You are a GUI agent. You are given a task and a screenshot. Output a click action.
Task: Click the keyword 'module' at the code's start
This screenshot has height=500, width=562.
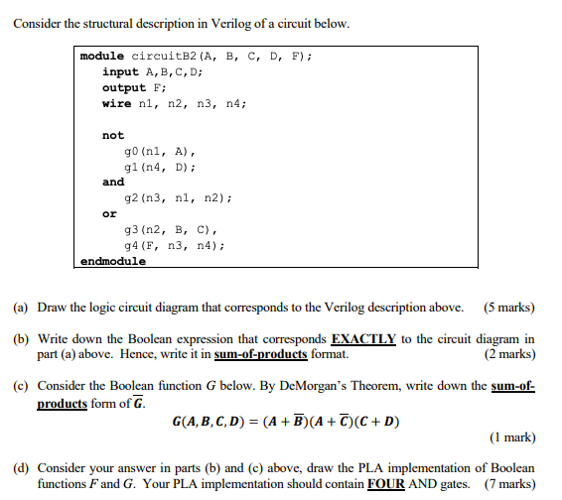pos(103,57)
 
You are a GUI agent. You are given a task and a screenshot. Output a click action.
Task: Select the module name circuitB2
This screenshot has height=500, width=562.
pos(164,57)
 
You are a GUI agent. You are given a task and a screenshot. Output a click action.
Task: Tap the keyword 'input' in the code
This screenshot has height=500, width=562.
pos(120,72)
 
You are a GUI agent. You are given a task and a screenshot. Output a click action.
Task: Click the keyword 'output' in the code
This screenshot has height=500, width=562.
pos(124,87)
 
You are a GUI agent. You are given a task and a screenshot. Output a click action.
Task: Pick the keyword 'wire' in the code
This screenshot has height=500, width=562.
pos(116,103)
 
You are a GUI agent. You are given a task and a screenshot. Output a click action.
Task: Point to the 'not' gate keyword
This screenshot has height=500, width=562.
pos(113,135)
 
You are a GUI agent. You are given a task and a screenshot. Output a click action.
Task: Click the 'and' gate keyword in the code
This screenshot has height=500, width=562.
pos(113,182)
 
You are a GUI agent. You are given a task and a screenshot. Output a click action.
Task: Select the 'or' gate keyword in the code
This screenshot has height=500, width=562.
pos(109,213)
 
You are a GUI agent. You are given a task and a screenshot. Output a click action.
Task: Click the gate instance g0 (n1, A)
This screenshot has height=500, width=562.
pos(159,151)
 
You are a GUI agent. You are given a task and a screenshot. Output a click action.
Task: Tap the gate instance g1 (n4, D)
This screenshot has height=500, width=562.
pos(159,166)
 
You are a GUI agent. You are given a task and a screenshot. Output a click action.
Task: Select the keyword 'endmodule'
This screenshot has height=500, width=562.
pos(113,261)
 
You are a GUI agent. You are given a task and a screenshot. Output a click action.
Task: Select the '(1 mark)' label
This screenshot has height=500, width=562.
pos(512,437)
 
